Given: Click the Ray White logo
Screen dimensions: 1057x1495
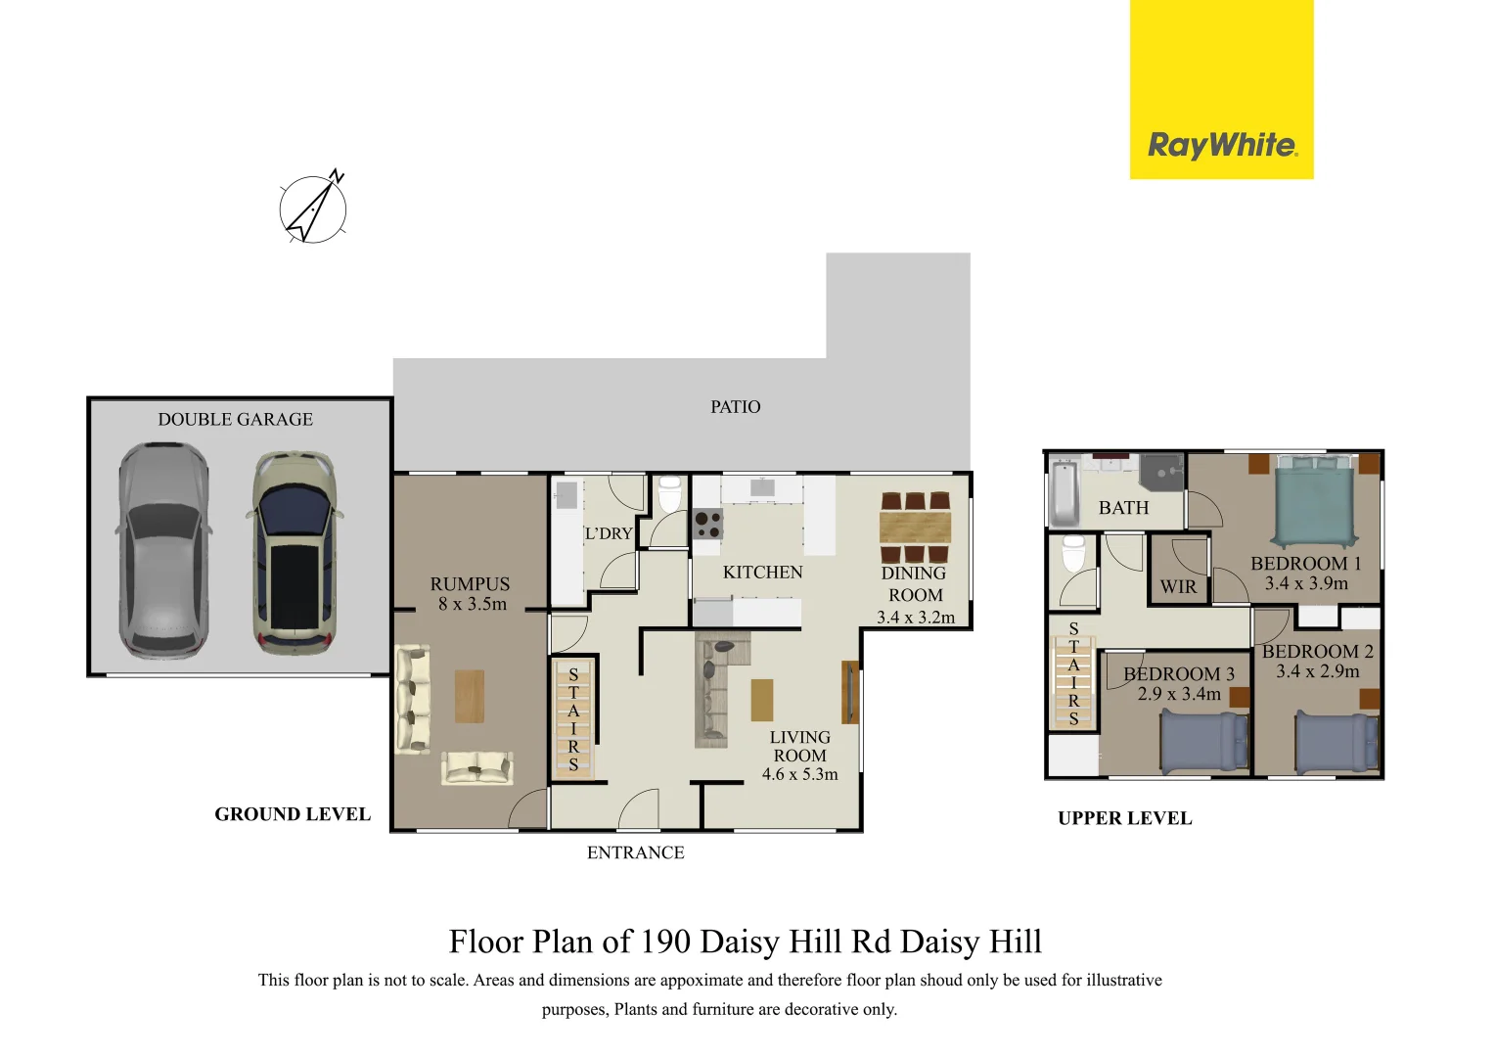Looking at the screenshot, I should (x=1222, y=146).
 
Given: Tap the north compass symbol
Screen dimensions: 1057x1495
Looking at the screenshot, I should (x=313, y=208).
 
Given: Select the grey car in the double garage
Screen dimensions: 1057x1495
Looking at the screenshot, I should (x=162, y=550).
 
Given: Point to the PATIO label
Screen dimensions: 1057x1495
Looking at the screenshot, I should (x=735, y=407).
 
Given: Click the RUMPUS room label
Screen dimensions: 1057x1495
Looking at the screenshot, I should (x=470, y=584).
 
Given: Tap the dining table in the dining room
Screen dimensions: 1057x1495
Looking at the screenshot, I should (x=915, y=528).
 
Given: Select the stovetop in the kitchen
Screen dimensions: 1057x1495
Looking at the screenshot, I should (x=707, y=526).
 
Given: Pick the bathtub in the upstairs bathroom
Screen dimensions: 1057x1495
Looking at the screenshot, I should (x=1064, y=493).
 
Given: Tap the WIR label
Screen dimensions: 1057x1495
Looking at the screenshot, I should (x=1178, y=587).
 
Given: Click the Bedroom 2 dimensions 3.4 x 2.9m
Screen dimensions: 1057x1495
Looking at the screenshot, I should (x=1318, y=671).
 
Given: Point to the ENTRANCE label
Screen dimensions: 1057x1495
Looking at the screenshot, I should (x=635, y=852).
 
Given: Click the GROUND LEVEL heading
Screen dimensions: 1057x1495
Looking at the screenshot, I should (x=293, y=814).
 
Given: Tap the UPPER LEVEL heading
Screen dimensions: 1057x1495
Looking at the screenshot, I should (x=1124, y=819).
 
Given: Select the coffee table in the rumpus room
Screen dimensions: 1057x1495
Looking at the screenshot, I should (x=470, y=696).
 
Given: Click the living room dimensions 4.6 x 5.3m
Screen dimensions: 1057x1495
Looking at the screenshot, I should (x=799, y=774).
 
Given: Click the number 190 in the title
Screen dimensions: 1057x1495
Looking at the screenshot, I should (x=666, y=942).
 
